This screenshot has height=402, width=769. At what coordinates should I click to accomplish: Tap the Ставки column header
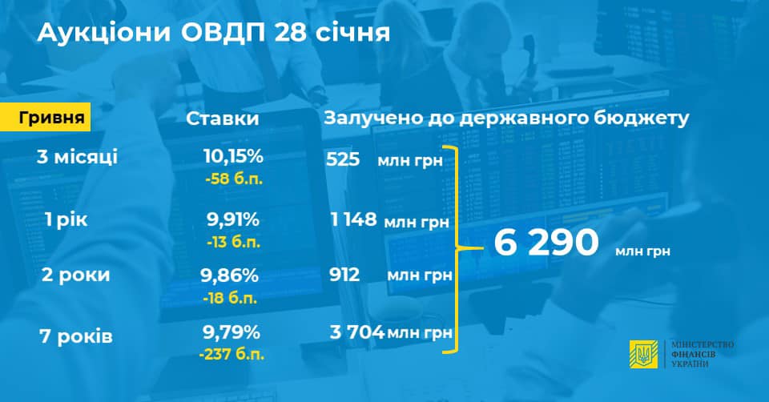[222, 119]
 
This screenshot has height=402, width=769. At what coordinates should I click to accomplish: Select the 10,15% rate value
[233, 156]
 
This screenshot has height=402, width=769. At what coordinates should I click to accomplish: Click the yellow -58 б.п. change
[234, 179]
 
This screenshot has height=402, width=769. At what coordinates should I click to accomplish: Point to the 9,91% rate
[233, 219]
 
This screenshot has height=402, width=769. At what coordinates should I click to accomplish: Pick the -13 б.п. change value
[233, 242]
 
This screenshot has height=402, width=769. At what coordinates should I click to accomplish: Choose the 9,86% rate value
[230, 275]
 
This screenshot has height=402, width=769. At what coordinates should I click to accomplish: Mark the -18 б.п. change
[230, 298]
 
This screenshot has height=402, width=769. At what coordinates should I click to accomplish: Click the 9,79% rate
[231, 333]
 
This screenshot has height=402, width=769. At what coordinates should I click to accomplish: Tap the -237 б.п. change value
[232, 354]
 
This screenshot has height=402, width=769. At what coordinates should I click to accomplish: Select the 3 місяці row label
[77, 157]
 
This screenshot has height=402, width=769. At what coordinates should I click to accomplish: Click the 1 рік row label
[66, 220]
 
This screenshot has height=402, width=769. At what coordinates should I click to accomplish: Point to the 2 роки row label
[75, 275]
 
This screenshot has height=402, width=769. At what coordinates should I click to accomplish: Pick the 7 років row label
[76, 337]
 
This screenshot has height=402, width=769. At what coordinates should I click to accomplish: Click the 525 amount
[343, 159]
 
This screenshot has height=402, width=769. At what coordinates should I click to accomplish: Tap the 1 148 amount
[353, 219]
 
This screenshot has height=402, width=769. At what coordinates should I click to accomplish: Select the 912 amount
[344, 275]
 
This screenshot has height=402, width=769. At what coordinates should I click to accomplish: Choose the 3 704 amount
[357, 332]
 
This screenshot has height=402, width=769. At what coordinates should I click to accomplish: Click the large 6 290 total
[546, 243]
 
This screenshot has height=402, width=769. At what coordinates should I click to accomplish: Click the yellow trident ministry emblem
[643, 354]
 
